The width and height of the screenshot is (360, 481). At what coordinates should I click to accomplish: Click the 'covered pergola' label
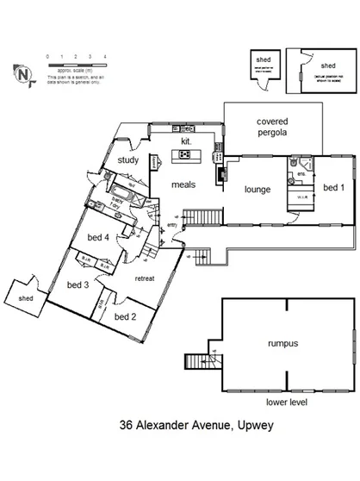271,128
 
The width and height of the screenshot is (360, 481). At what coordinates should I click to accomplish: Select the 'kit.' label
184,140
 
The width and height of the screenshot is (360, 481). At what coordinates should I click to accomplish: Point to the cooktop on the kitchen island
183,155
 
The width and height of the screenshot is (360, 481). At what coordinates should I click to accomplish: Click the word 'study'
128,159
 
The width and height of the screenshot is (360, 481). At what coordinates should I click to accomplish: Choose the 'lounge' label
258,190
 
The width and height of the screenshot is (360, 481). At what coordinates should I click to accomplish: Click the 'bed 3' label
78,284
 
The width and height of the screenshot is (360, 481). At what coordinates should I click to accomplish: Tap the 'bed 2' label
126,316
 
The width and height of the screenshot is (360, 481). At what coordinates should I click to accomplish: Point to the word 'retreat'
145,278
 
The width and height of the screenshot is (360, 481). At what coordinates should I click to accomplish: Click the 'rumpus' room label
281,343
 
